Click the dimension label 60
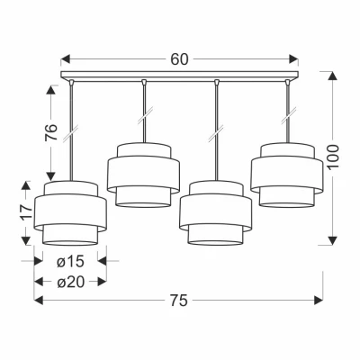point(179,59)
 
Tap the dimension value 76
point(51,132)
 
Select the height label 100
point(333,157)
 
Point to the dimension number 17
point(26,213)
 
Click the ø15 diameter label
point(70,262)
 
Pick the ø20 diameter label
point(71,282)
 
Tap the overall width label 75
point(179,301)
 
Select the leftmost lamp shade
point(70,213)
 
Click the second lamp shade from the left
point(143,175)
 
